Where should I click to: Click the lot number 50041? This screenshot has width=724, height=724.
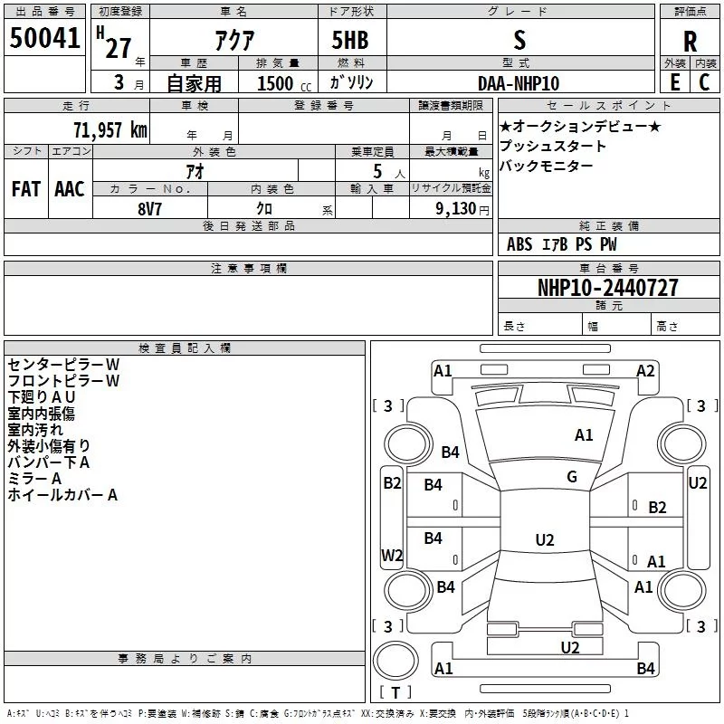pos(44,38)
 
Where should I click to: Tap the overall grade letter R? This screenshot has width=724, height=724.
pos(690,41)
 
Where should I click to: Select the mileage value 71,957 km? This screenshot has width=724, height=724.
pos(110,130)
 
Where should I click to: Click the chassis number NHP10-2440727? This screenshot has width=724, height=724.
pos(608,287)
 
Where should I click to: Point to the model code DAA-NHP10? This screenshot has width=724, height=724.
pos(519,83)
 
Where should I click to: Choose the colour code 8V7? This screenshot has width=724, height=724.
pos(149,209)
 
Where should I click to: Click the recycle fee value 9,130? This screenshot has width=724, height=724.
pos(456,208)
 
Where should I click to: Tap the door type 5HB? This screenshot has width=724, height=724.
pos(350,40)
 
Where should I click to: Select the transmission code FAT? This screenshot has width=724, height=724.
pos(26,189)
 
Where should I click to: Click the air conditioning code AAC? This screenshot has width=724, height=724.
pos(70,189)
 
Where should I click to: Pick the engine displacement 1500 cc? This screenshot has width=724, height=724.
pos(284,83)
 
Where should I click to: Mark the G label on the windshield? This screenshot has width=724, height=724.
pos(572,477)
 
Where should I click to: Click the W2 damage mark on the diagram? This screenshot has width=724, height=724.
pos(392,555)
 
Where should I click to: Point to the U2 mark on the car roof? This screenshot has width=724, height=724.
pos(545,539)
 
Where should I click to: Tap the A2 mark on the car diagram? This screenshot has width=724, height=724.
pos(645,371)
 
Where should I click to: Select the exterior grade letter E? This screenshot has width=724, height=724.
pos(675,82)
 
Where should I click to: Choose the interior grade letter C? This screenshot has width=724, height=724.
pos(704,82)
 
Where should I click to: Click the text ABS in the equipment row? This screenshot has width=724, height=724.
pos(519,244)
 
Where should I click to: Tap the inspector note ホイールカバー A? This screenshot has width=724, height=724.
pos(62,495)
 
